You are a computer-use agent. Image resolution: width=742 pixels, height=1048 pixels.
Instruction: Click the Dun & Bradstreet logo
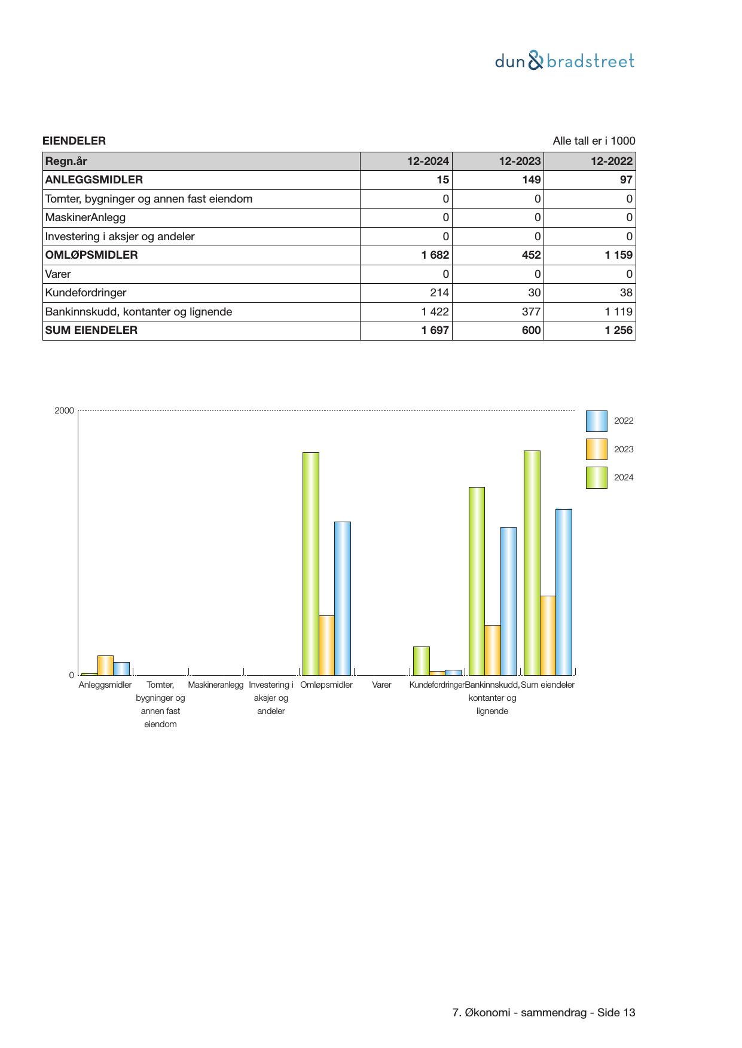click(x=564, y=61)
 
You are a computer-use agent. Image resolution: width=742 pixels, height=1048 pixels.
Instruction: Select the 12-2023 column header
click(x=520, y=161)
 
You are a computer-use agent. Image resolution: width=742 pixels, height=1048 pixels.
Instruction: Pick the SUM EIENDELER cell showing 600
click(x=531, y=330)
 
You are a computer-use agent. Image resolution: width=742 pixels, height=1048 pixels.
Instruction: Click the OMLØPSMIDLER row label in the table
click(x=91, y=255)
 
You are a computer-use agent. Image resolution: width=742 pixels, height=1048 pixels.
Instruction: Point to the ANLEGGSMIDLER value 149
click(x=531, y=180)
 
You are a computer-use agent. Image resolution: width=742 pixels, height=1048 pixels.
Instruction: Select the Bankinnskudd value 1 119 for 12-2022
click(x=618, y=312)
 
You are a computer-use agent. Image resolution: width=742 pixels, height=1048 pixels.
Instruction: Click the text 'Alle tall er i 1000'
click(x=594, y=141)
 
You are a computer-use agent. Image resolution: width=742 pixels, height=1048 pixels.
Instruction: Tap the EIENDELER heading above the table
click(x=74, y=141)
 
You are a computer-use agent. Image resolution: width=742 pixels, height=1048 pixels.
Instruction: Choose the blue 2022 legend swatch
click(x=596, y=421)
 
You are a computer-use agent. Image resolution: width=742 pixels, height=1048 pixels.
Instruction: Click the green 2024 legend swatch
click(x=596, y=478)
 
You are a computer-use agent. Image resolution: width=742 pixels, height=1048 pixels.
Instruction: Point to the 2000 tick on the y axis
click(x=65, y=410)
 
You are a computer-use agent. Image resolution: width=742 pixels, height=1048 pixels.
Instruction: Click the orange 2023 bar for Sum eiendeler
click(x=548, y=635)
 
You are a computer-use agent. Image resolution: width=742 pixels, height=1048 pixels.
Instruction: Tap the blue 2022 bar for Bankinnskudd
click(x=508, y=600)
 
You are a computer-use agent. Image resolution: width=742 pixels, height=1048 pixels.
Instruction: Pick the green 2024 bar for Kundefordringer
click(x=421, y=660)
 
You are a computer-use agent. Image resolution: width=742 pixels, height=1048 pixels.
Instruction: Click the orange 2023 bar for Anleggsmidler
click(x=105, y=665)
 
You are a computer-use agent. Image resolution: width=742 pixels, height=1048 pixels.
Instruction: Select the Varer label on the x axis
click(x=381, y=685)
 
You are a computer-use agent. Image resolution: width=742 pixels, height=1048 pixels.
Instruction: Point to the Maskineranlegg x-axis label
click(x=215, y=685)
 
